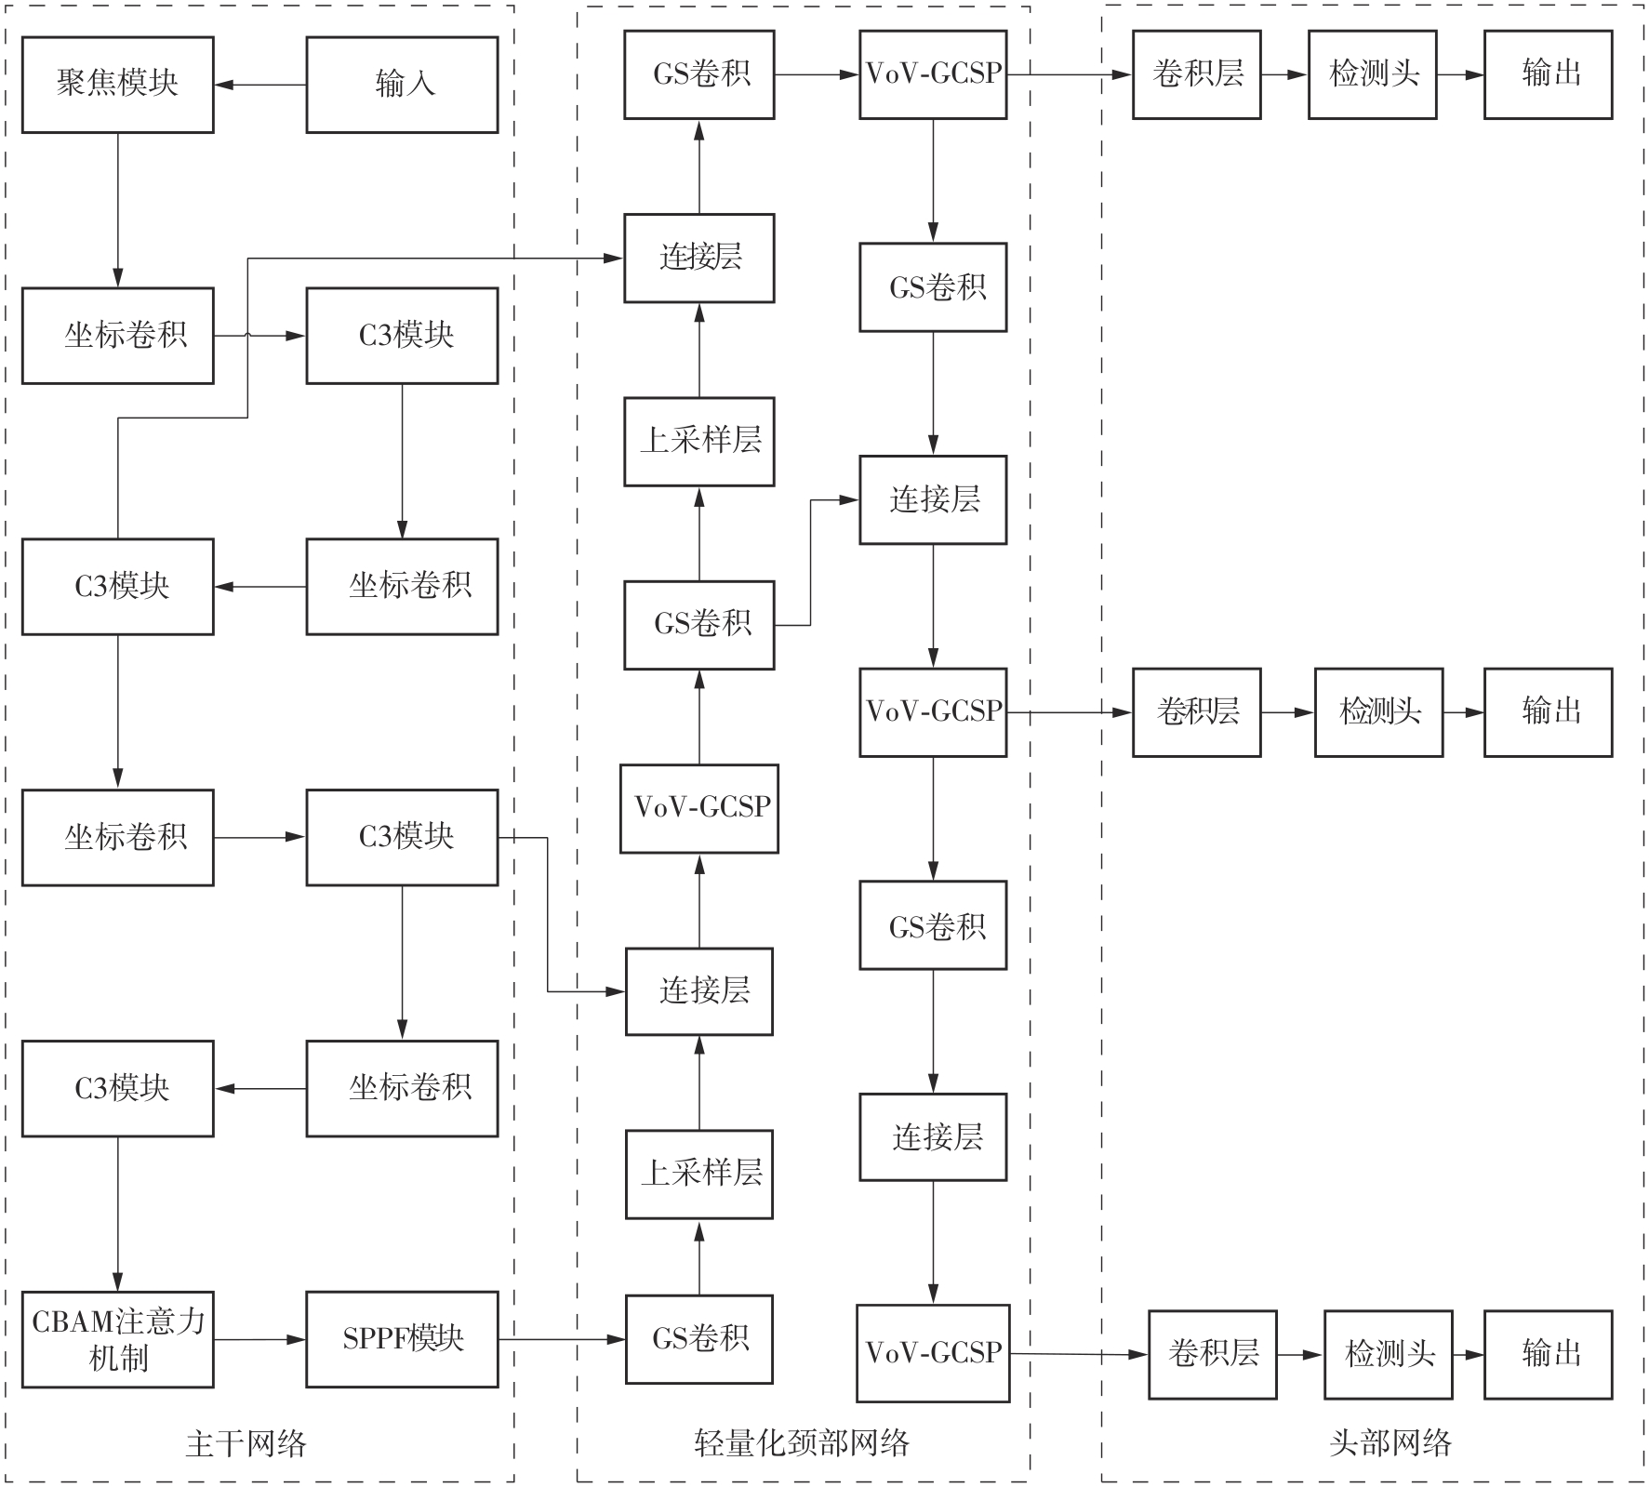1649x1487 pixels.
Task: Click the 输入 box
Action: [402, 85]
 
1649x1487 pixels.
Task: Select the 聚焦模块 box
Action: [117, 85]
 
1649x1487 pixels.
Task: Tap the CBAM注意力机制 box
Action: [117, 1339]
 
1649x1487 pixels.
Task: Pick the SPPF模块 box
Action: [402, 1339]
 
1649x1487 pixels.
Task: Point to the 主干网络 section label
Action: [246, 1443]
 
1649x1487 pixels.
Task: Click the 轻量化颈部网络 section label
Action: [802, 1442]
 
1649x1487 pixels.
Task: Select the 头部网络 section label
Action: [1390, 1442]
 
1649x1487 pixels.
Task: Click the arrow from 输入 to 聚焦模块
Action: [260, 86]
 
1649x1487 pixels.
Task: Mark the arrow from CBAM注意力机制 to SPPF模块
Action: [260, 1340]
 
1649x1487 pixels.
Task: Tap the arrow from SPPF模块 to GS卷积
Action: [562, 1340]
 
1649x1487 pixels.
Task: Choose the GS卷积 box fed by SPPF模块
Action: [699, 1339]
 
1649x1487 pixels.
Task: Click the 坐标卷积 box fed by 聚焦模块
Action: [117, 336]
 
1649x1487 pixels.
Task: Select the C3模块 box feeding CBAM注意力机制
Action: [117, 1088]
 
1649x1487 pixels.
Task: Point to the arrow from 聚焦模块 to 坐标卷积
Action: [118, 210]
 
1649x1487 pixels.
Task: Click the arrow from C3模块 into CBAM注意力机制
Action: [118, 1214]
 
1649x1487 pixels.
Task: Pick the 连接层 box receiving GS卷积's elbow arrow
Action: [933, 499]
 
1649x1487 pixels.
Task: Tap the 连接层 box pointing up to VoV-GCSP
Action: [699, 991]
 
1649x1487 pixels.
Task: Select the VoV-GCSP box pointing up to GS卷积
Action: [699, 808]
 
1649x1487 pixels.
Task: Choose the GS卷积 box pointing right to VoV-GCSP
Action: [699, 74]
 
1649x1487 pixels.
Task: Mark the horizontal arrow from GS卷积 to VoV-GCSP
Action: [817, 74]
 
